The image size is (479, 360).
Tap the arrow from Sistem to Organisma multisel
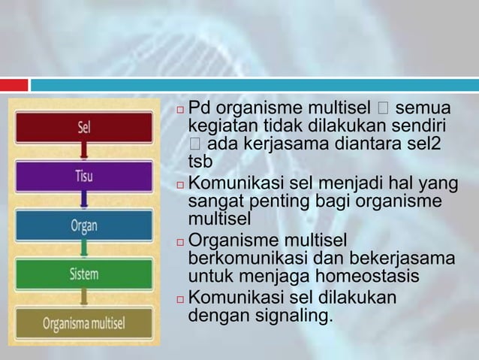coord(84,299)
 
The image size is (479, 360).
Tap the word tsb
coord(200,162)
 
